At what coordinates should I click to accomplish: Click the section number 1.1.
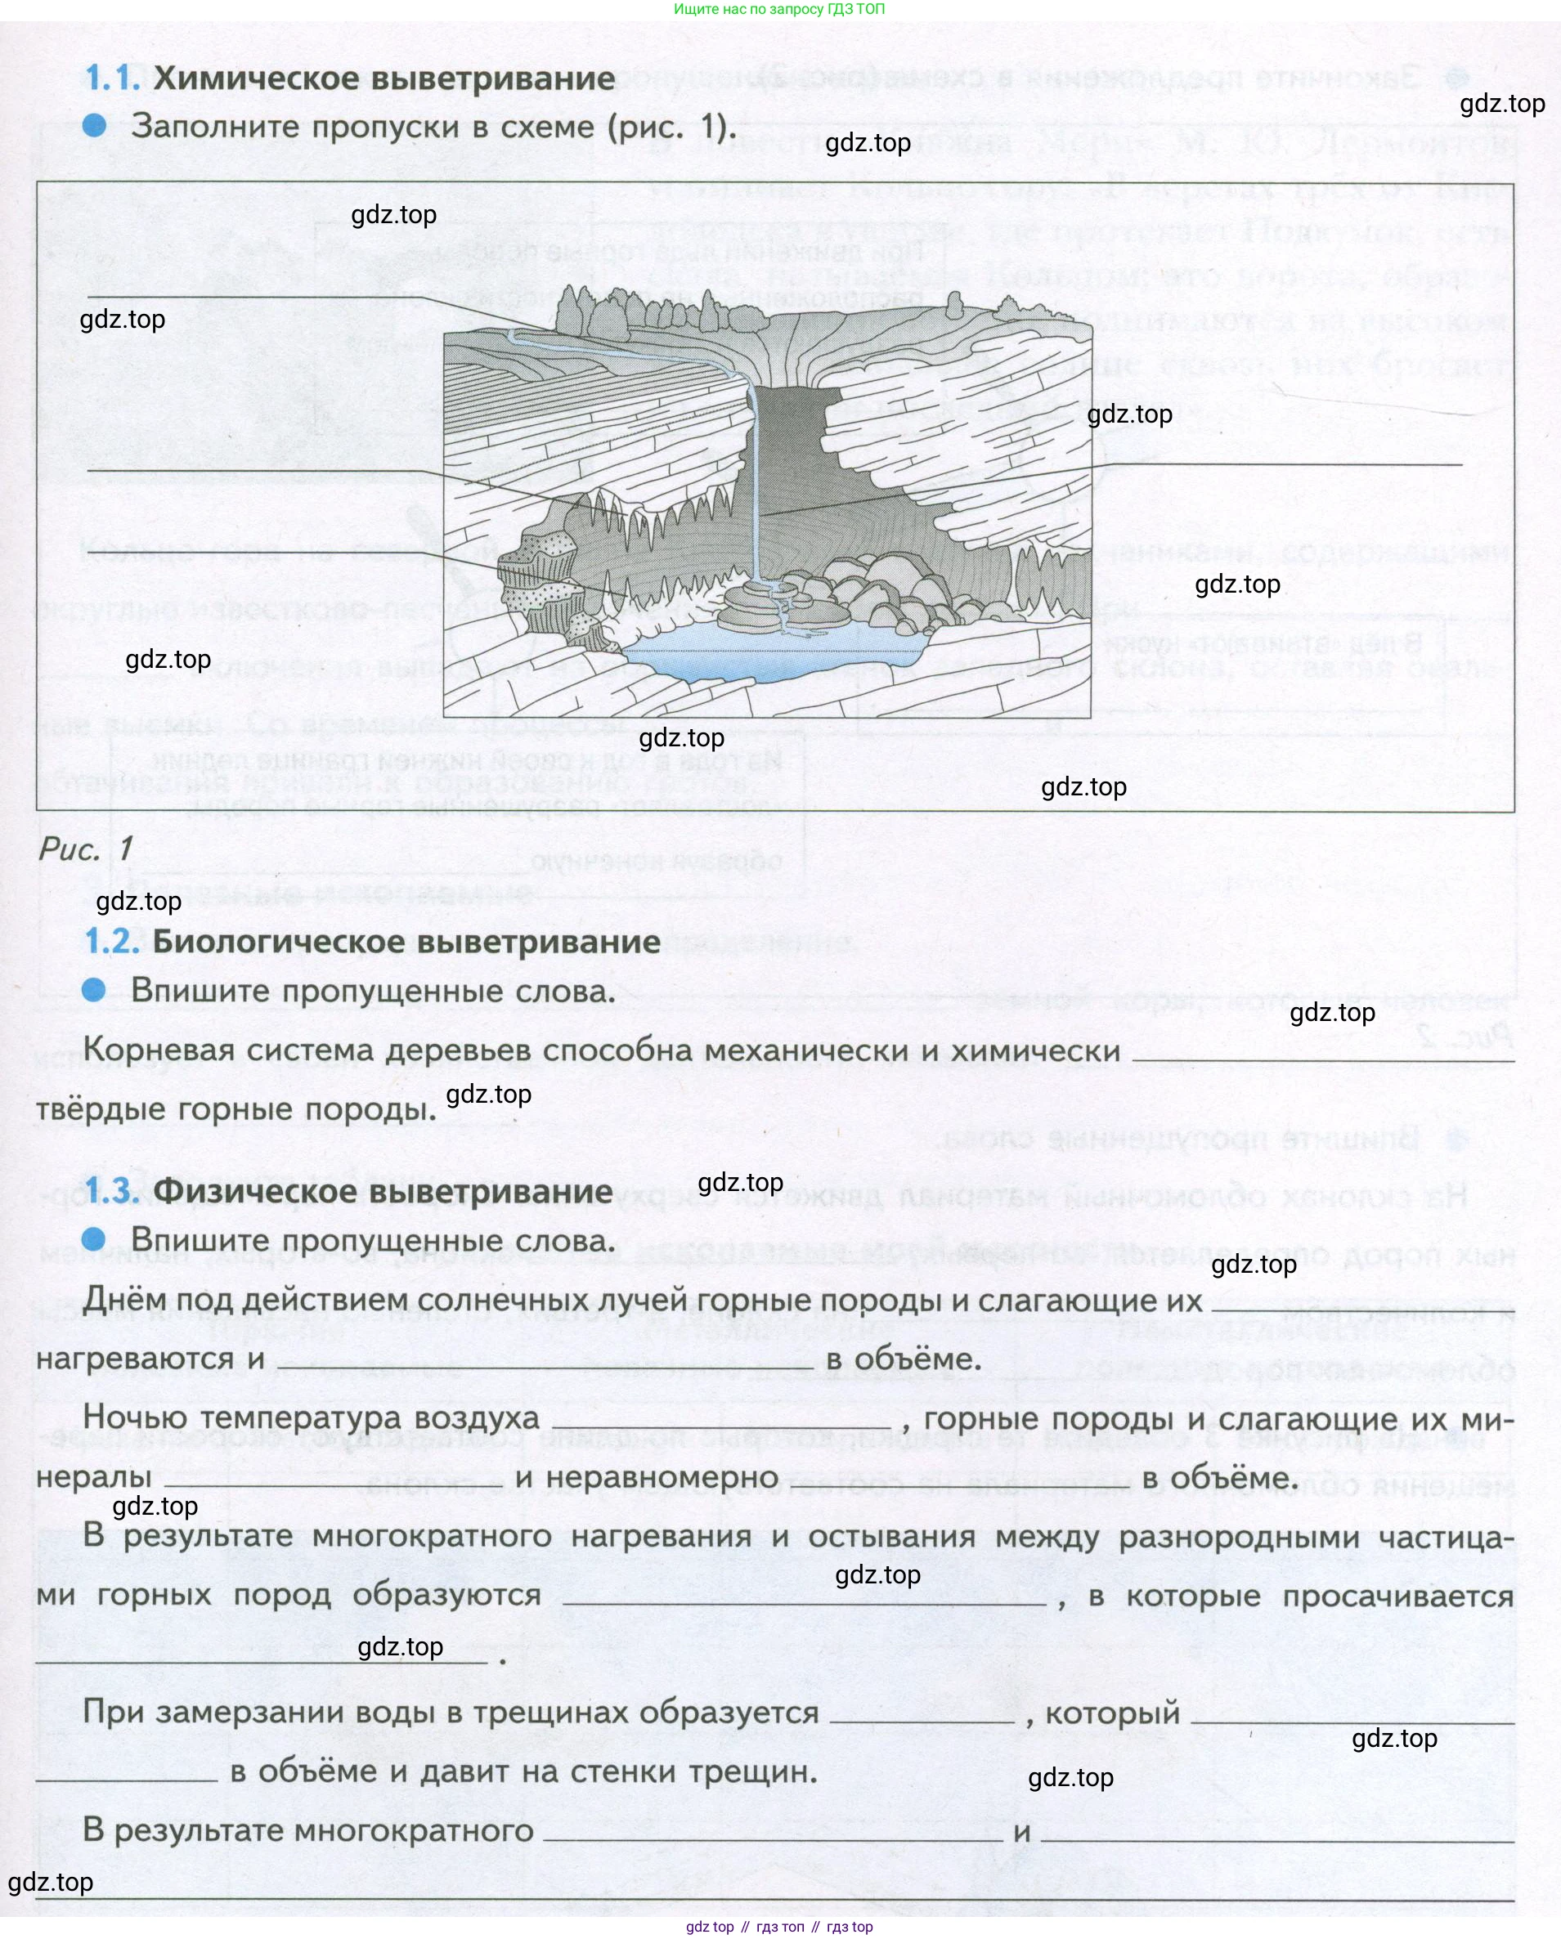113,78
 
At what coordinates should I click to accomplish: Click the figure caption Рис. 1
87,848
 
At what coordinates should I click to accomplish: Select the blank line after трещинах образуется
923,1720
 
